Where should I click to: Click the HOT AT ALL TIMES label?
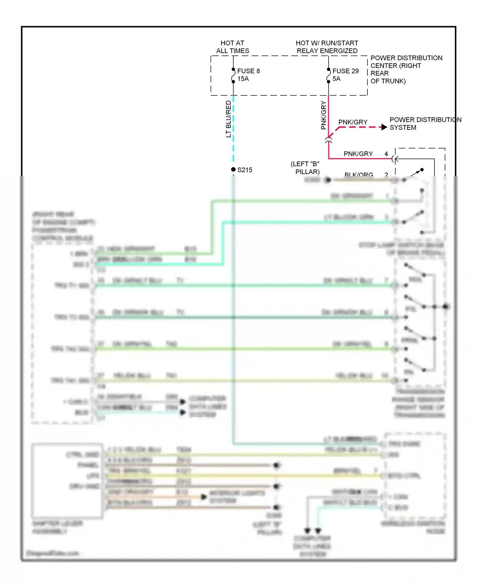click(233, 47)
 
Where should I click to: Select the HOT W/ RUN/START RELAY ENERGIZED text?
click(327, 47)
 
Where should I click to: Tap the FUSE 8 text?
click(249, 71)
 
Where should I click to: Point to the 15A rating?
click(243, 79)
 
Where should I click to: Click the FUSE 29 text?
click(345, 71)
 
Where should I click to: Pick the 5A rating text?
click(336, 79)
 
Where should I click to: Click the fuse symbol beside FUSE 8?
click(233, 76)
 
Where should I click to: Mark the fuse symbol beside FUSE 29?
click(329, 76)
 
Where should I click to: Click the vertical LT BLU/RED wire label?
click(228, 119)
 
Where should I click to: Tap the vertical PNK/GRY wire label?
click(323, 115)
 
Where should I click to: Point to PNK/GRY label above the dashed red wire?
click(353, 122)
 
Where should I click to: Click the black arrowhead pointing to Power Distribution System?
click(384, 127)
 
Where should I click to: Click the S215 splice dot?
click(233, 169)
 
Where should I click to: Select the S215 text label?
click(245, 170)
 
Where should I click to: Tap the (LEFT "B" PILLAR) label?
click(305, 168)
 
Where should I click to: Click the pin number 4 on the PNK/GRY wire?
click(386, 154)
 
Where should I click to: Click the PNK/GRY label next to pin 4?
click(358, 154)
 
